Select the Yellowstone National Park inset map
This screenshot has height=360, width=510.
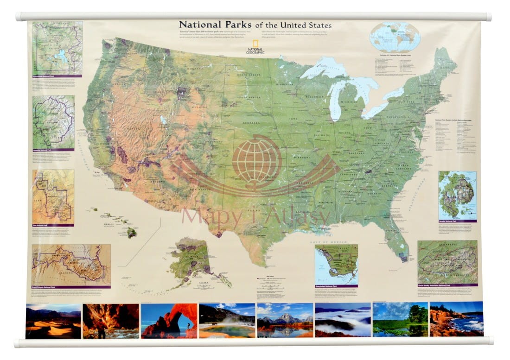[x=57, y=49]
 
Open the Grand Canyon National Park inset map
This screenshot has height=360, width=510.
[x=71, y=265]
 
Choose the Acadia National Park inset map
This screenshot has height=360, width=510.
[x=457, y=195]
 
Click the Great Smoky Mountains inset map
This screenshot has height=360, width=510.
[x=447, y=262]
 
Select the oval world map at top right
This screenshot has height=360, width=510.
[x=395, y=38]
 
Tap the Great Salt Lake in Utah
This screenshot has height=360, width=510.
[x=163, y=120]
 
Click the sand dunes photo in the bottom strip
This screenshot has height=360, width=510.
[x=53, y=321]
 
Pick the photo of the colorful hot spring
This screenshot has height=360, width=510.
[x=227, y=321]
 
